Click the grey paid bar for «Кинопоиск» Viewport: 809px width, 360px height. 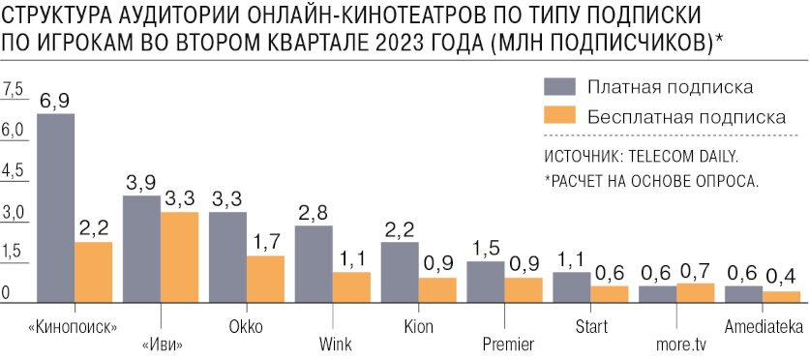[55, 208]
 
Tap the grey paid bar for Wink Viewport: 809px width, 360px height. [314, 264]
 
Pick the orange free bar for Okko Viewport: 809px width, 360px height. [265, 280]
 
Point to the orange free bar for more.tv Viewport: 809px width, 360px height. [695, 293]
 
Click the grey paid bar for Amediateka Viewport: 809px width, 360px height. [743, 294]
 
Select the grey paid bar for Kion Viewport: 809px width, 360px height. [400, 272]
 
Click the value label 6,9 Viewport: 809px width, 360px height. [55, 100]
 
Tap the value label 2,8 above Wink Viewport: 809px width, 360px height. [314, 212]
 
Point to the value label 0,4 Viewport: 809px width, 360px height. [782, 277]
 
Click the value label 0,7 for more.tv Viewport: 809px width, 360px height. [696, 270]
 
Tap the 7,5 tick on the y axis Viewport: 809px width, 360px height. [14, 89]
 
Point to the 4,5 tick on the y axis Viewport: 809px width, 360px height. [14, 171]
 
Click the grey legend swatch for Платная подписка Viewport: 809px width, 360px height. [559, 86]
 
